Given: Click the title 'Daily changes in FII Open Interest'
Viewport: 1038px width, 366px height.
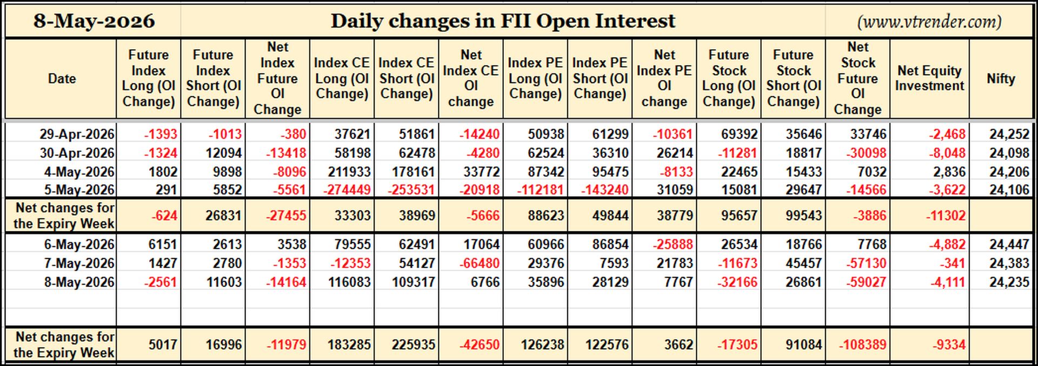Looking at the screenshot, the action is (503, 21).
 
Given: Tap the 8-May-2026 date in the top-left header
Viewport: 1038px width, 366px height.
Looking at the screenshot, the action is (94, 21).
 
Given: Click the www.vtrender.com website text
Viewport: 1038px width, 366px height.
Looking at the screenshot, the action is (929, 22).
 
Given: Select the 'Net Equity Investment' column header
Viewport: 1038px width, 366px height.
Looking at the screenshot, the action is (929, 78).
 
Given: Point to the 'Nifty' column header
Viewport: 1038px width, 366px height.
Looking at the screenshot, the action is (1001, 78).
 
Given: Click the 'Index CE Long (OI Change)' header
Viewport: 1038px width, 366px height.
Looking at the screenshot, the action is (342, 78).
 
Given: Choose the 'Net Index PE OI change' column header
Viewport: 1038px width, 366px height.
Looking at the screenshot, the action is (664, 78).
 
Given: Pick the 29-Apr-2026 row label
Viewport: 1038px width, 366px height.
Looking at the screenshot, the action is (77, 134).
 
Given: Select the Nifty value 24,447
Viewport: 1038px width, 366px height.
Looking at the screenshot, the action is (1009, 244).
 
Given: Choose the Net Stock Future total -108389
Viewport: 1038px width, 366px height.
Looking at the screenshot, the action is (862, 344).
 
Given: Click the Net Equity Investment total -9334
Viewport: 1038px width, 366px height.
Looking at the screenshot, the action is (949, 344).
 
